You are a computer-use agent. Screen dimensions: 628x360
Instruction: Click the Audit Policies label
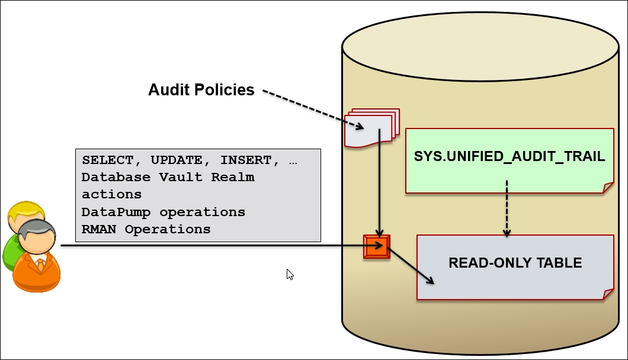[201, 89]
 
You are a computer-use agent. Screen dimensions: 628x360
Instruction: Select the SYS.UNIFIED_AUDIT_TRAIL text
[509, 156]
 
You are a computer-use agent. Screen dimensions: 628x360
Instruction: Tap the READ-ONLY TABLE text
[515, 263]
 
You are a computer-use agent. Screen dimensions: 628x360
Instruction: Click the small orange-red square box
[376, 247]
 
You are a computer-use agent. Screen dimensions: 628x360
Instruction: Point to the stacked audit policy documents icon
[371, 128]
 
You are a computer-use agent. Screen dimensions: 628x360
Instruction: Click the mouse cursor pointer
[290, 274]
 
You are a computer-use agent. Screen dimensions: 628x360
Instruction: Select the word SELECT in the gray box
[108, 160]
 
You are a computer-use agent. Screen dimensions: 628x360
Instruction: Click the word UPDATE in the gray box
[177, 160]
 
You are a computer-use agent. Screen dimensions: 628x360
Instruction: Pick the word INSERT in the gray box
[246, 160]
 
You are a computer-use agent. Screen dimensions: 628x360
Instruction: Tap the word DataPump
[116, 212]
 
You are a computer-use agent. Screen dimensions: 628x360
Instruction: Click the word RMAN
[98, 229]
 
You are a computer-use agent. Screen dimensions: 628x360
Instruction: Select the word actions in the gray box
[112, 195]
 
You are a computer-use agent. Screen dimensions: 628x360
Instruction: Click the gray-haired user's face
[37, 240]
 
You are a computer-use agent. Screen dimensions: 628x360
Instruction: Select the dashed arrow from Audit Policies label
[313, 110]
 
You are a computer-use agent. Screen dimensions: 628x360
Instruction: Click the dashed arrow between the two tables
[507, 208]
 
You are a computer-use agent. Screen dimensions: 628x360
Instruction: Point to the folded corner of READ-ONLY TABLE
[608, 294]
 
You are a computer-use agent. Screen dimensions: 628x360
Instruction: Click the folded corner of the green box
[608, 188]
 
